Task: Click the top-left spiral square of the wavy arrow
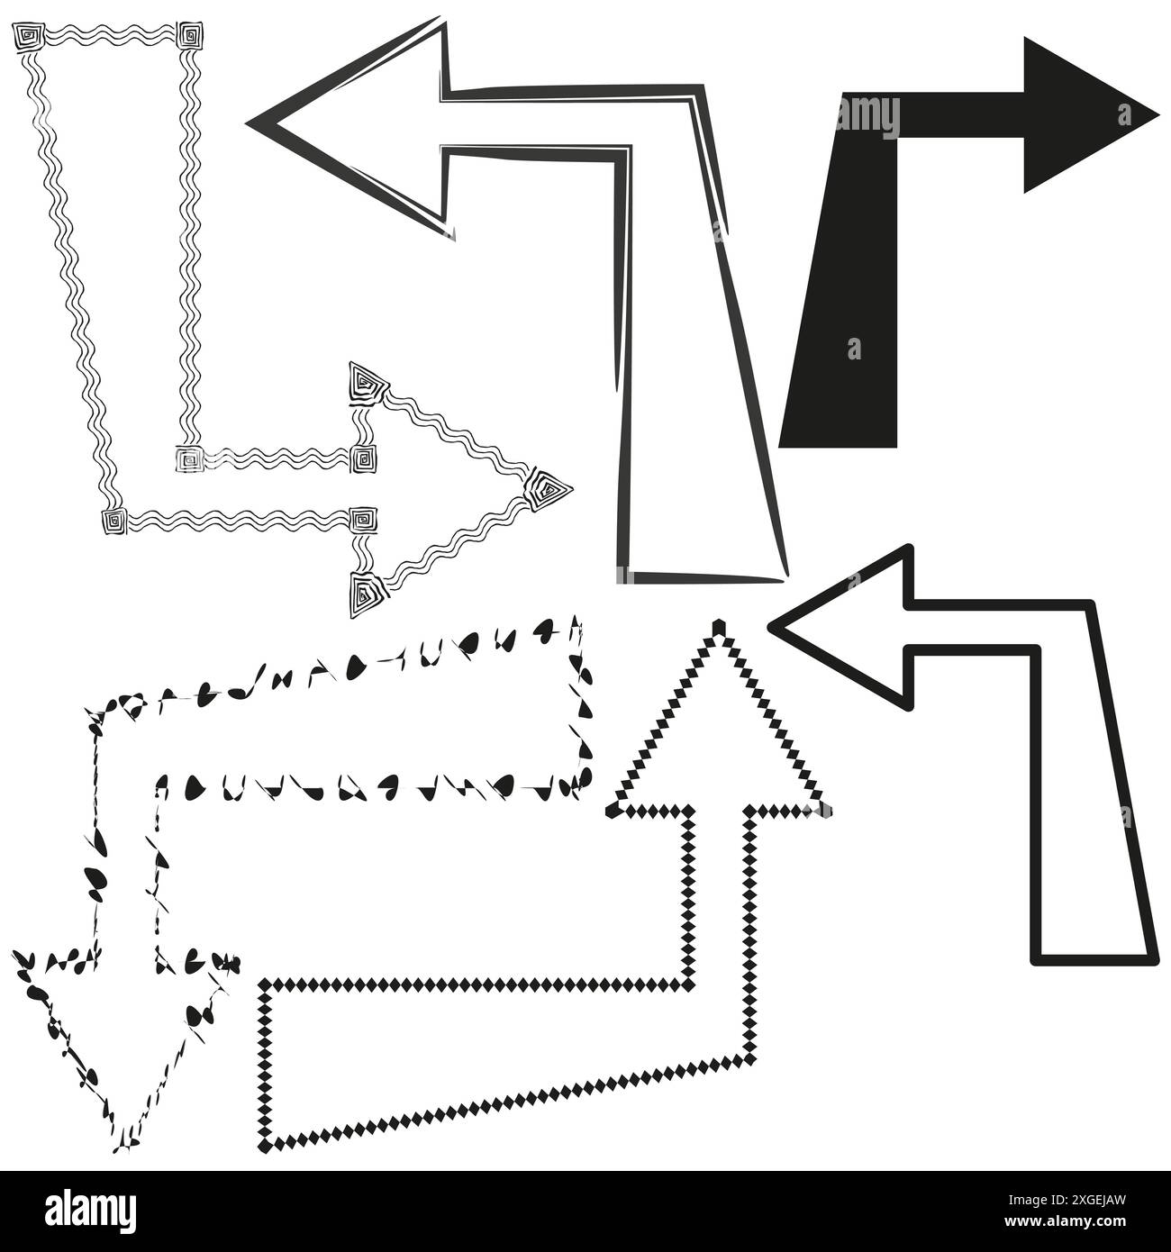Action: point(27,37)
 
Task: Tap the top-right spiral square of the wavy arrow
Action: point(191,36)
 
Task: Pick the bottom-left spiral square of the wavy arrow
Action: point(114,521)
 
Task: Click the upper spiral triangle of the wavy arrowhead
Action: point(366,382)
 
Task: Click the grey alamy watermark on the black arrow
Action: point(867,117)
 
